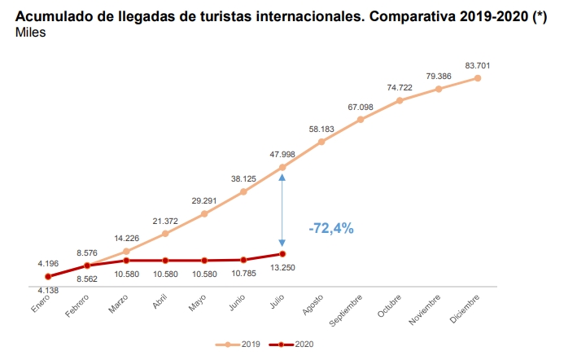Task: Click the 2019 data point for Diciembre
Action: [478, 78]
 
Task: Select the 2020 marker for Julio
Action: [282, 254]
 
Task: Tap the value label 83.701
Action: [478, 65]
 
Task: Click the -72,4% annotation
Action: [331, 229]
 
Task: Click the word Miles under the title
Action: [31, 33]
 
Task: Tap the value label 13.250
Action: [282, 268]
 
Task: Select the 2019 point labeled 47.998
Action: [282, 168]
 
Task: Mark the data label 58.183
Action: [321, 129]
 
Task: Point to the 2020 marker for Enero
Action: [48, 277]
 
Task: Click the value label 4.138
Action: [48, 291]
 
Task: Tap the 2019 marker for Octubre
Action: [400, 100]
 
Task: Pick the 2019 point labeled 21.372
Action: [165, 234]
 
